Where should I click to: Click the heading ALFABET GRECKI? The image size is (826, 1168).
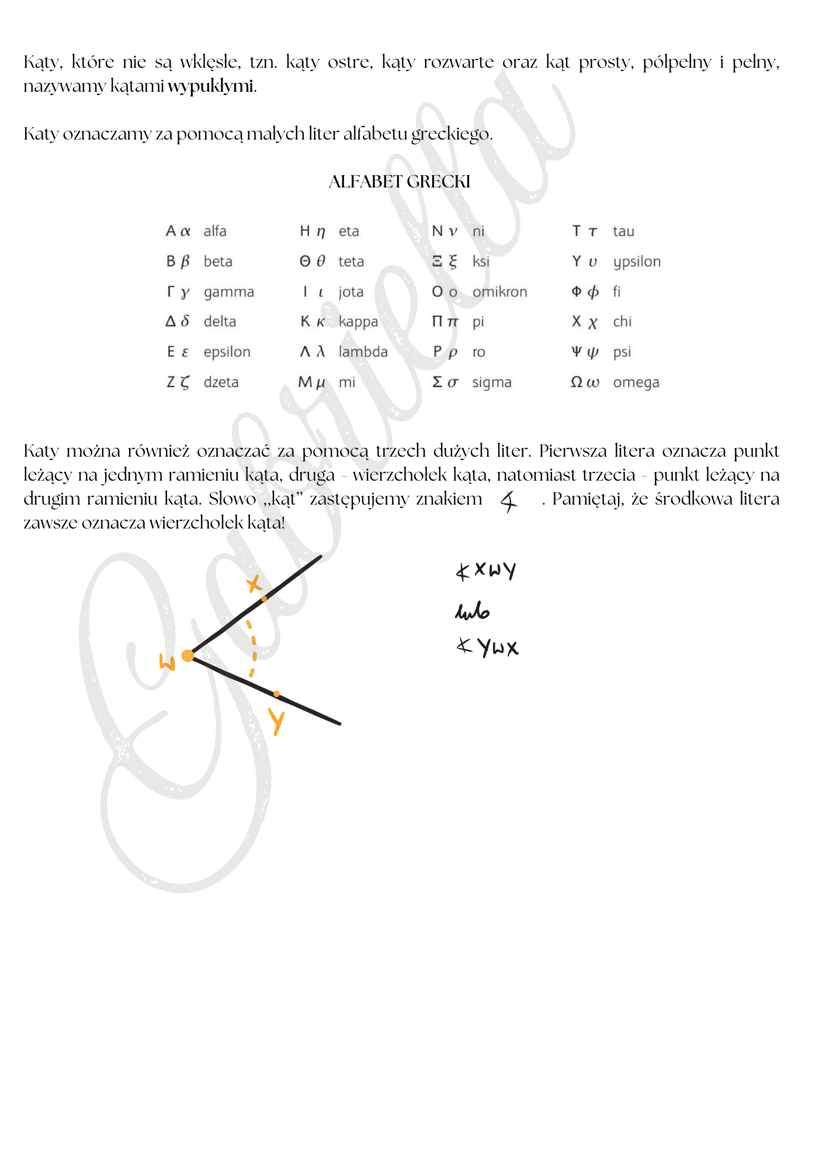[x=400, y=182]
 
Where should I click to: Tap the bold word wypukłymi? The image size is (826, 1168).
[x=211, y=86]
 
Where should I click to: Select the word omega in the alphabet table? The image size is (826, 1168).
[x=636, y=383]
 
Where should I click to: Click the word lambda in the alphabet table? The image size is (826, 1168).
[x=363, y=352]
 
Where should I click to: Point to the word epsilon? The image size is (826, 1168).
[x=227, y=352]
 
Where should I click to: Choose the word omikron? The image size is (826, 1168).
[x=499, y=291]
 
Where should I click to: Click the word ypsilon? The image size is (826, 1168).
[x=637, y=262]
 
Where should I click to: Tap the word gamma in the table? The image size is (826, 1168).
[x=228, y=292]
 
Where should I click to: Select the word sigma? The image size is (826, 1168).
[x=491, y=383]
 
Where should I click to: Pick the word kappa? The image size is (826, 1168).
[x=358, y=322]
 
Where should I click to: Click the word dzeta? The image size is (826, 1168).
[x=221, y=383]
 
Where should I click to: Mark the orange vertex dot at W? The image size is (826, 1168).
[x=188, y=656]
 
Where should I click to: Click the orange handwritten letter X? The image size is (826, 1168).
[x=254, y=583]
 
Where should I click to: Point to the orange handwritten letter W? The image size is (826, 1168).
[x=168, y=662]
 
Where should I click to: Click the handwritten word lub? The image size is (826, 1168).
[x=472, y=611]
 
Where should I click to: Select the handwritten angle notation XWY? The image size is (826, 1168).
[x=486, y=570]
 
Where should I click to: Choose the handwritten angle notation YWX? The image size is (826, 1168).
[x=487, y=647]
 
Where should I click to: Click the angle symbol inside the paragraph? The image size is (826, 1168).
[x=509, y=501]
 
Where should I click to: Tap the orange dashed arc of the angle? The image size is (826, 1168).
[x=253, y=648]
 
